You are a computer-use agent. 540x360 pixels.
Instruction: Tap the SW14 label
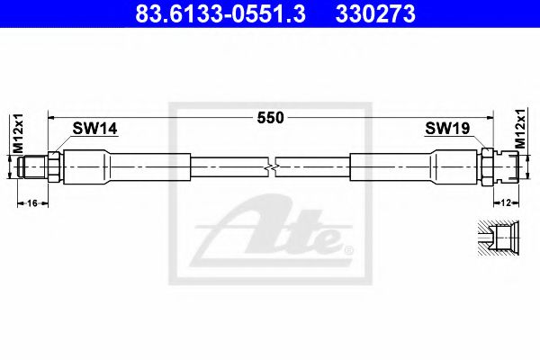pos(94,130)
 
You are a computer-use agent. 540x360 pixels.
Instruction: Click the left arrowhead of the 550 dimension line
pos(52,117)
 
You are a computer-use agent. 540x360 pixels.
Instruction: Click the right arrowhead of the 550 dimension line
pos(490,117)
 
